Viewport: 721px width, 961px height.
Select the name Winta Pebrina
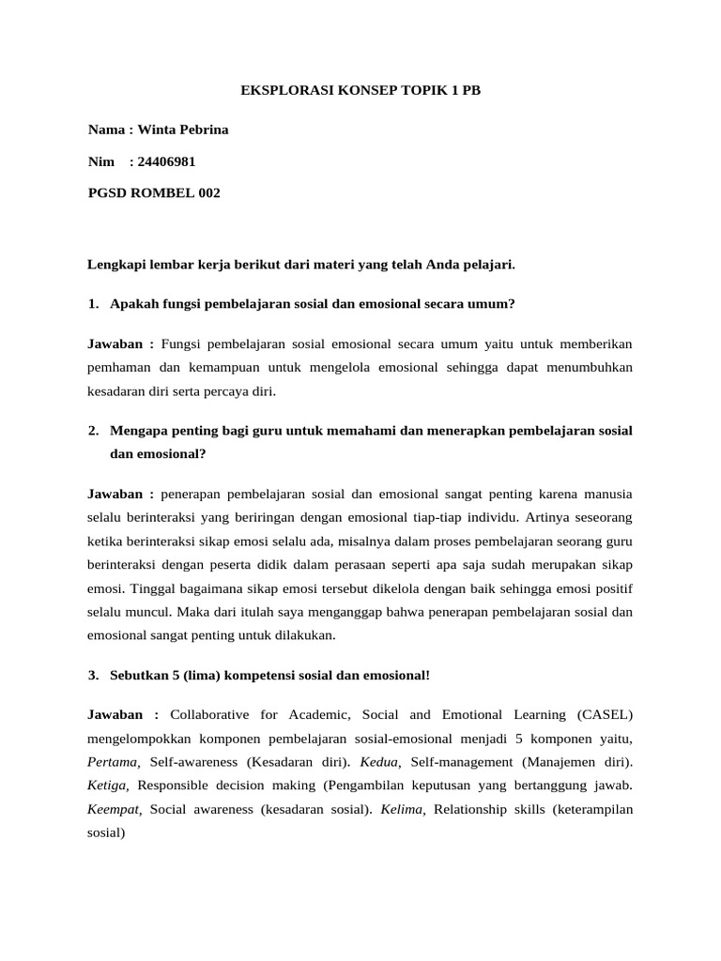coord(183,130)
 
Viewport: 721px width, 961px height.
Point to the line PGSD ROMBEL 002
coord(154,192)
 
